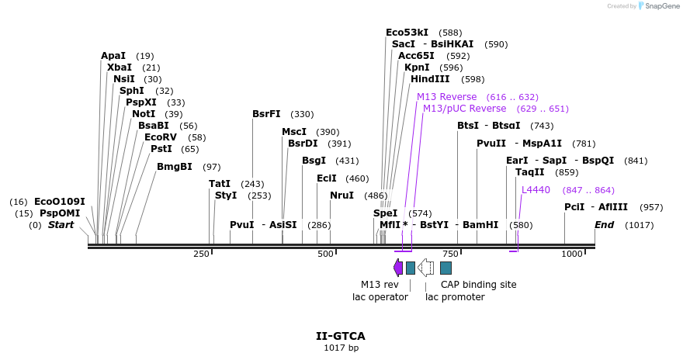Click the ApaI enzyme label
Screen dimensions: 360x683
point(113,56)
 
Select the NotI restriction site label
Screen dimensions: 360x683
point(144,114)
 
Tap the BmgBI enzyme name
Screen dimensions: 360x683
point(175,167)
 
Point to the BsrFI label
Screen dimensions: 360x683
point(266,114)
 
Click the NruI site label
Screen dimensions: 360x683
point(341,196)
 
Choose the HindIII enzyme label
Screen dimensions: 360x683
point(430,79)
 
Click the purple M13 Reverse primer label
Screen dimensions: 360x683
point(447,97)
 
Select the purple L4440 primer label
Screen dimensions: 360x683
point(536,190)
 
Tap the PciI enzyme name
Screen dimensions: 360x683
point(574,207)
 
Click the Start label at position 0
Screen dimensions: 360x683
point(61,225)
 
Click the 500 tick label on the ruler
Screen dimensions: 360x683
point(325,254)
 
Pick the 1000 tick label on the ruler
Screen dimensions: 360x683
point(572,254)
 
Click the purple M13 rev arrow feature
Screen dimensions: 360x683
point(398,268)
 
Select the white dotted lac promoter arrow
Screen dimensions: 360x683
point(425,268)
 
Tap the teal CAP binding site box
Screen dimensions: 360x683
point(446,268)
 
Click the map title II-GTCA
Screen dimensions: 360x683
point(341,337)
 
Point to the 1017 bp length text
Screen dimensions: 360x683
point(341,348)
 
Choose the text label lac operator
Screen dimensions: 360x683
point(380,297)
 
